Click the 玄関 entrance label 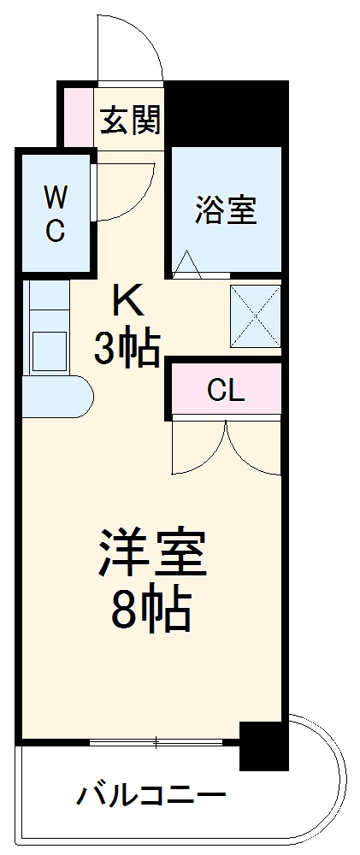click(130, 121)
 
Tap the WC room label click(55, 214)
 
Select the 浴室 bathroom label click(226, 209)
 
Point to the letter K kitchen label click(127, 301)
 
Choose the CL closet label click(226, 392)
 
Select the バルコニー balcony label click(152, 797)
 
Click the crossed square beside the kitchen click(255, 315)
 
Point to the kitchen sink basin click(48, 347)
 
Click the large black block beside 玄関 click(225, 112)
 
